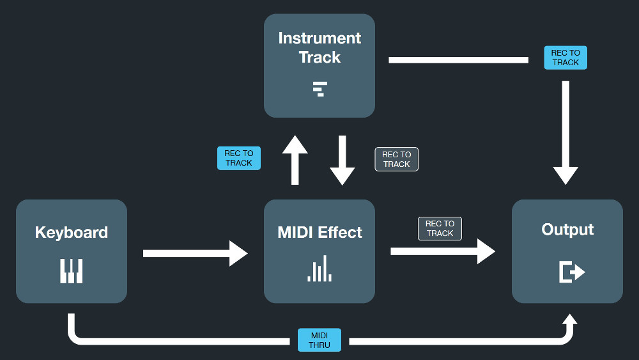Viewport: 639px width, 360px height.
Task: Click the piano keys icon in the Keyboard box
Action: [x=72, y=270]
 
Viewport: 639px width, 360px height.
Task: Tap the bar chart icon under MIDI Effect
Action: [x=319, y=269]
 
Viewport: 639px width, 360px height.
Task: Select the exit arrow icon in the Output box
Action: [x=572, y=272]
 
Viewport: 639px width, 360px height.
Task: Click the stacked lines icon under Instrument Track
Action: [x=320, y=89]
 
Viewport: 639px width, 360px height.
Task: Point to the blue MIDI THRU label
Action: [x=319, y=340]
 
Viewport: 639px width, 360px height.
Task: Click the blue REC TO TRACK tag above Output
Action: [x=566, y=58]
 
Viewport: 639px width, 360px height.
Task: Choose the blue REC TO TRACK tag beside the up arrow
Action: [x=239, y=158]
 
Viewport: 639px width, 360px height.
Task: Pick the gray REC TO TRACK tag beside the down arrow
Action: [x=397, y=159]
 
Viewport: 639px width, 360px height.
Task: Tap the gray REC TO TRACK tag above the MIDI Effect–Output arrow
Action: [x=440, y=228]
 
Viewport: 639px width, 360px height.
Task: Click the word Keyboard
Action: [x=72, y=232]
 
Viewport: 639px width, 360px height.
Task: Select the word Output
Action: [x=567, y=230]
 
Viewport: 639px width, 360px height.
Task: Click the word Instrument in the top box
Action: [x=319, y=38]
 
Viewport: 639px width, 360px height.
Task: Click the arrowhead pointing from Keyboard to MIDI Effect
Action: [x=238, y=254]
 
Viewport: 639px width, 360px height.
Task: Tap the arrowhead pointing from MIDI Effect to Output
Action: [x=486, y=251]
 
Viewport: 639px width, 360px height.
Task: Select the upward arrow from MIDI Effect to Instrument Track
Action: [x=295, y=160]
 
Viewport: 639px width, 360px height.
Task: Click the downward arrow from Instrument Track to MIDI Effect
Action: [x=343, y=160]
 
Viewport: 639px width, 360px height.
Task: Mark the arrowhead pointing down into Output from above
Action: [x=566, y=175]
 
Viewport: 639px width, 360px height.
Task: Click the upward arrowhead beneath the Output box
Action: [x=570, y=319]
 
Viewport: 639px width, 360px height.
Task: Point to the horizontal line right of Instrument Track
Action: [x=458, y=60]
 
